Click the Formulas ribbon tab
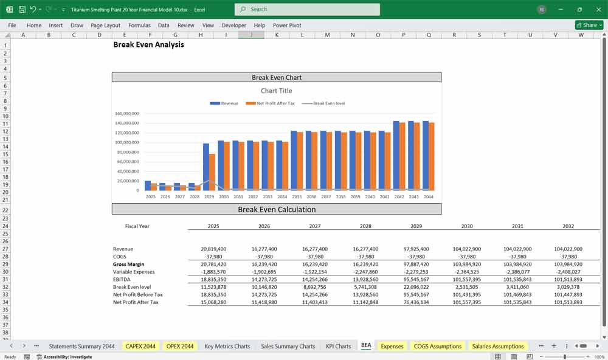point(139,26)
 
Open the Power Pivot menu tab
point(287,26)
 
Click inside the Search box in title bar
point(307,9)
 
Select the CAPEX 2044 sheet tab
point(140,346)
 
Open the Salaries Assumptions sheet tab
point(498,346)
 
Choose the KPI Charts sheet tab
point(338,346)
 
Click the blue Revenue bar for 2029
point(206,167)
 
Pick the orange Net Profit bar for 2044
point(431,156)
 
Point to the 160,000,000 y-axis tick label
point(126,114)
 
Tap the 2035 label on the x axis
point(297,196)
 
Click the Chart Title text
point(277,91)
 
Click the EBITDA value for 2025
point(213,279)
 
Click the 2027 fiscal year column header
point(314,226)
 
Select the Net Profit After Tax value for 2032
point(568,302)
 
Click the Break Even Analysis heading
point(148,44)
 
